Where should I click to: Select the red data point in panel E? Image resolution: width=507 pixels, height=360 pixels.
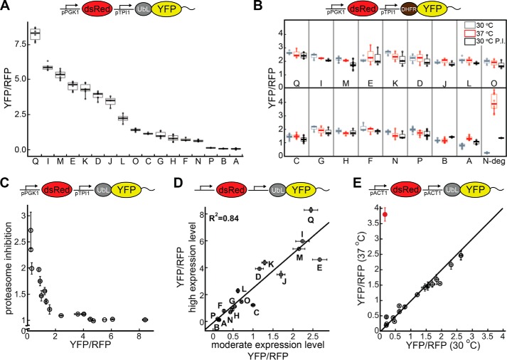[384, 213]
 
